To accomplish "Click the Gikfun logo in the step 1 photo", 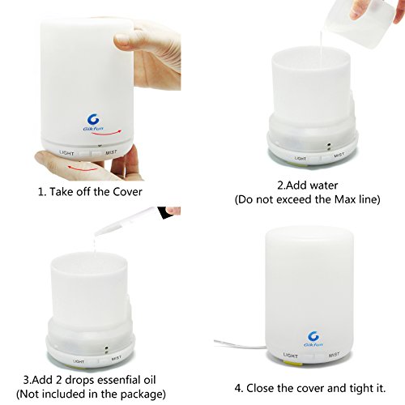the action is (x=93, y=122).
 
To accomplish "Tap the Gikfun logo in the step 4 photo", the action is (x=313, y=339).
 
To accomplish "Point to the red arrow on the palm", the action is (x=82, y=168).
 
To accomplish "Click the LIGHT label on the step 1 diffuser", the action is (x=66, y=153).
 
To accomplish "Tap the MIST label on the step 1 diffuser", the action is (x=111, y=152).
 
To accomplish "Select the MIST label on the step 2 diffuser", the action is (x=339, y=155).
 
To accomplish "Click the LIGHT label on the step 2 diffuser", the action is (x=301, y=158).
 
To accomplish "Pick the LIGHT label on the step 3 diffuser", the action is (x=79, y=361).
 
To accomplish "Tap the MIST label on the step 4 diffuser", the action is (x=334, y=355).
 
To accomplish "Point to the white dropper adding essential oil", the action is (x=127, y=220).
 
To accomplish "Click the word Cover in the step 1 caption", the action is (x=127, y=192).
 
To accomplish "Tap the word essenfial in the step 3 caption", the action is (x=119, y=380).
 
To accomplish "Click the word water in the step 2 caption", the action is (x=324, y=185).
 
